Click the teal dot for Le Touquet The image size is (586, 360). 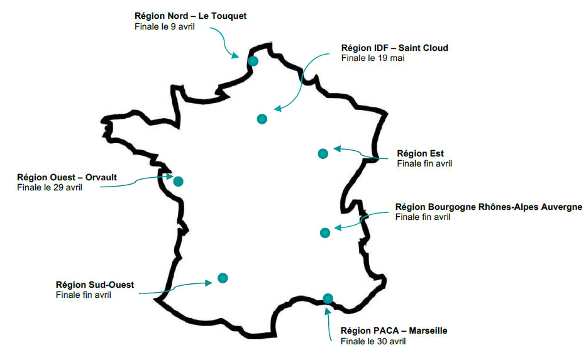point(253,61)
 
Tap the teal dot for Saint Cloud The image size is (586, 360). point(262,119)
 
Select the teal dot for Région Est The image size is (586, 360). point(323,153)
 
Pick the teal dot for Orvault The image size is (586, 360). point(178,182)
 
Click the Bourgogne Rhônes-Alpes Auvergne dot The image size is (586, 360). point(325,232)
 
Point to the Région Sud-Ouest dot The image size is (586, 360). point(223,278)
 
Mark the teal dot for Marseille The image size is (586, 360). point(327,298)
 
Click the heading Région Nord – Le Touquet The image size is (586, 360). point(191,16)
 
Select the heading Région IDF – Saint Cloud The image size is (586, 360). point(394,48)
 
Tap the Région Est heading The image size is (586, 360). point(420,153)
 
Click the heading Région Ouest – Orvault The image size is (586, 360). point(67,177)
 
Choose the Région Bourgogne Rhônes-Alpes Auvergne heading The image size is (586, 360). point(489,207)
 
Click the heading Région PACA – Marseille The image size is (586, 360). point(394,330)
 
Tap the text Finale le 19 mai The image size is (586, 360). point(373,58)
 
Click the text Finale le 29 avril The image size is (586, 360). point(50,187)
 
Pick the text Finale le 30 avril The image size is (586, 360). point(373,341)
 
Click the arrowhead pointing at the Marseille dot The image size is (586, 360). point(328,309)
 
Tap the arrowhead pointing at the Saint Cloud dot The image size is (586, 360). point(277,109)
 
